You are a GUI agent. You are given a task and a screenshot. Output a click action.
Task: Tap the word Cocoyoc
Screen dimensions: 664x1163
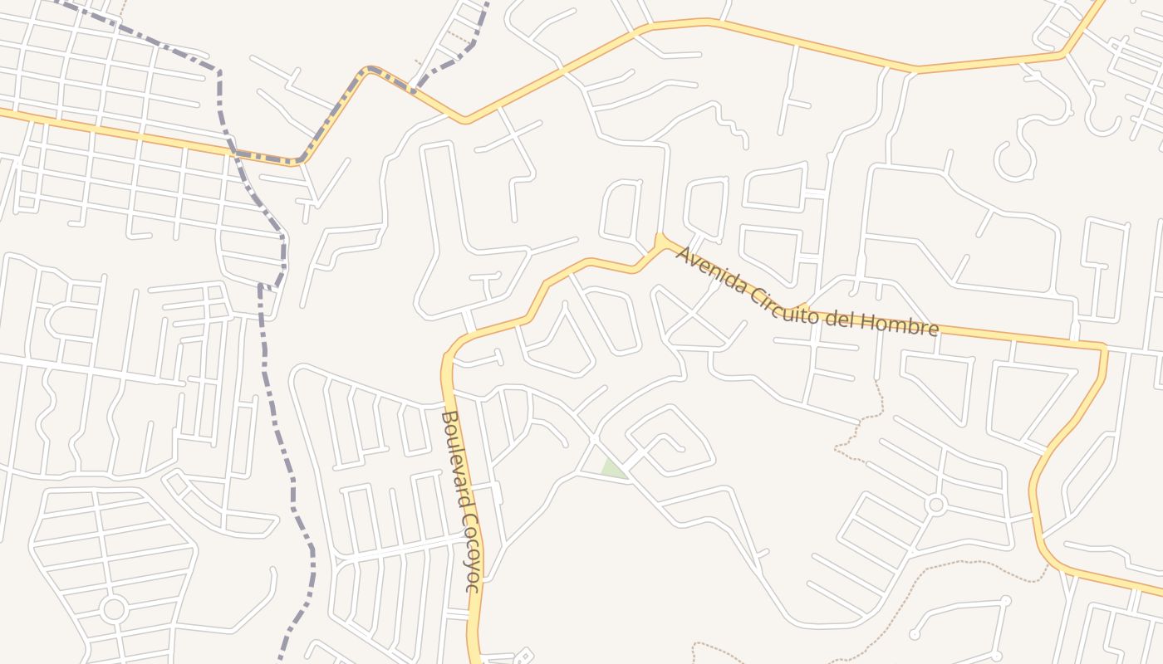coord(471,553)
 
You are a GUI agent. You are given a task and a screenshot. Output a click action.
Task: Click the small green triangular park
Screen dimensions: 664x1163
coord(613,469)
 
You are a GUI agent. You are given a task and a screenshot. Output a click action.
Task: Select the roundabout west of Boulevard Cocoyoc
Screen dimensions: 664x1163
coord(113,609)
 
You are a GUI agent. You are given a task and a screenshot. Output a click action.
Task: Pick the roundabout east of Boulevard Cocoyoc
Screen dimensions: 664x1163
coord(936,504)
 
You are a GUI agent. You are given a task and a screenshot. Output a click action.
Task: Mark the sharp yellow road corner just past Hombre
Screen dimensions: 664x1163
coord(1104,348)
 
